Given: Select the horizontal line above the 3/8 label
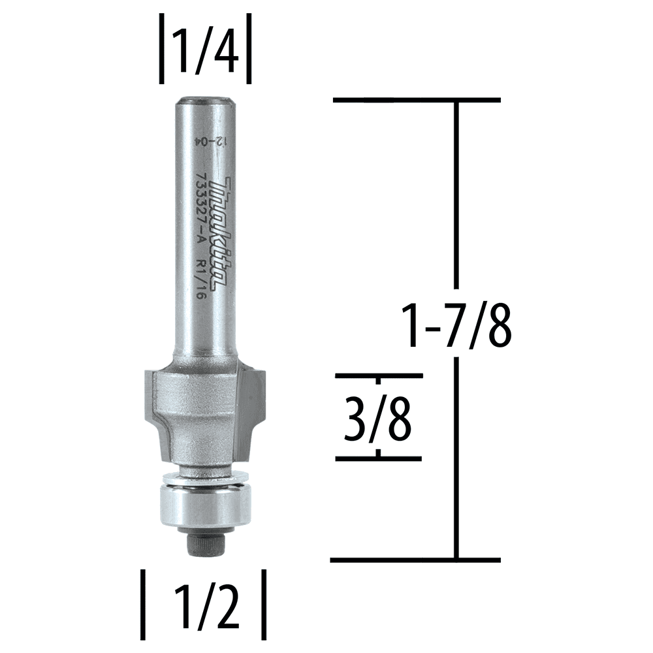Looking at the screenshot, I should coord(379,377).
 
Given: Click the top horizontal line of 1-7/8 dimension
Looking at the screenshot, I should coord(417,100).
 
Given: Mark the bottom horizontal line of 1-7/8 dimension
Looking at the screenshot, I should coord(415,560).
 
